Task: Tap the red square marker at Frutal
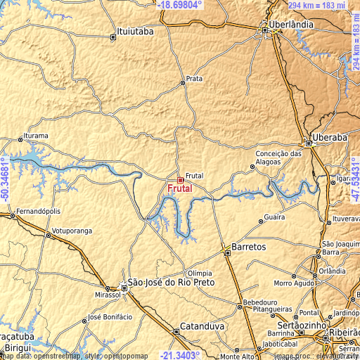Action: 180,180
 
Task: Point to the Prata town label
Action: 194,78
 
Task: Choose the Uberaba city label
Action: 330,138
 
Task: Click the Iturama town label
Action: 36,135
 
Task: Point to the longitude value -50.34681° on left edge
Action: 6,181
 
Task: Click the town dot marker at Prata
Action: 183,82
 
